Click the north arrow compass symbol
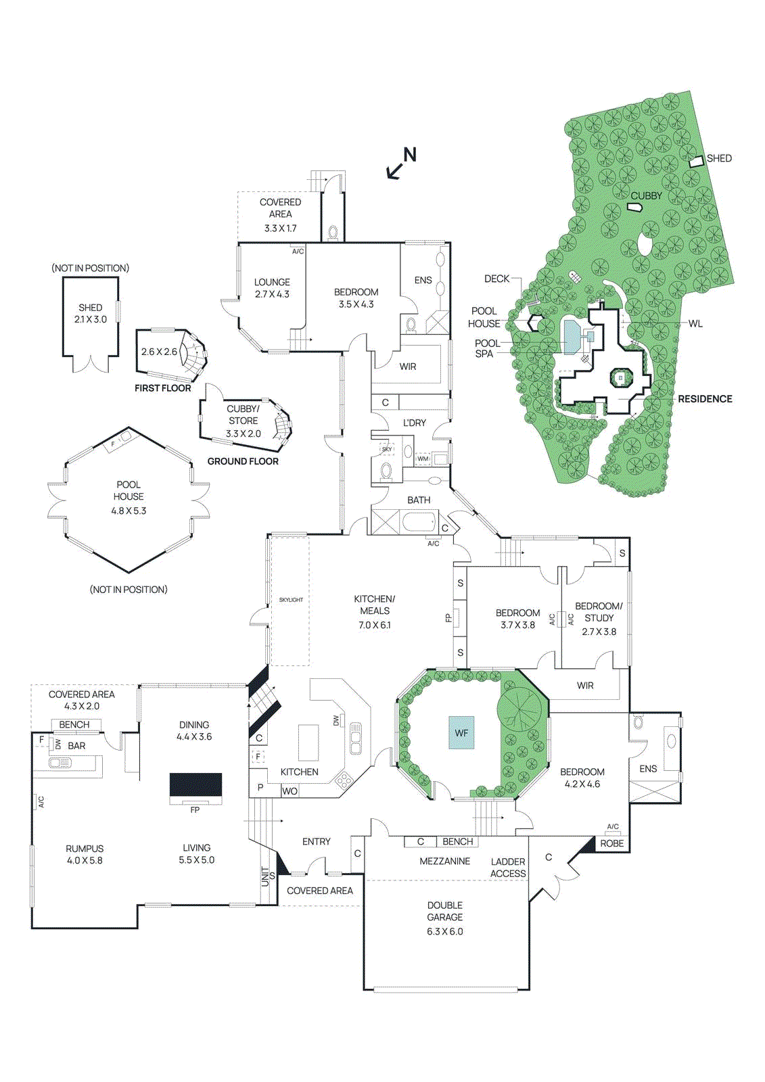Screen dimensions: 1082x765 tap(401, 164)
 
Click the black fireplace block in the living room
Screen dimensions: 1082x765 tap(195, 784)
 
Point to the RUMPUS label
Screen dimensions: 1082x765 tap(85, 854)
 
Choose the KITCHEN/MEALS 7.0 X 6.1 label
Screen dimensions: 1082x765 tap(375, 611)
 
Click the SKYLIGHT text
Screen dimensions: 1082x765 tap(291, 600)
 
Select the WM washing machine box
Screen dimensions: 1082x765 tap(423, 458)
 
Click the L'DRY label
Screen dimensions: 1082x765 tap(415, 423)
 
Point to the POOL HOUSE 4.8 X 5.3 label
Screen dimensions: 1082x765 tap(129, 497)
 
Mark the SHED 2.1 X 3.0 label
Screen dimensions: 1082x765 tap(91, 313)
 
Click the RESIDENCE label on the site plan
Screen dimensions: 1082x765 tap(705, 399)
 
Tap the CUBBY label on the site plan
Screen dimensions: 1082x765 tap(646, 195)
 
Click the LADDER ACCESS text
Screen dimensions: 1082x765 tap(508, 867)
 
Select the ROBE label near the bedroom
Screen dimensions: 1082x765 tap(612, 843)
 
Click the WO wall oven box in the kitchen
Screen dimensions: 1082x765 tap(289, 791)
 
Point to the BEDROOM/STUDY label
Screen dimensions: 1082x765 tap(599, 612)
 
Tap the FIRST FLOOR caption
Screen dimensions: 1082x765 tap(162, 388)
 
